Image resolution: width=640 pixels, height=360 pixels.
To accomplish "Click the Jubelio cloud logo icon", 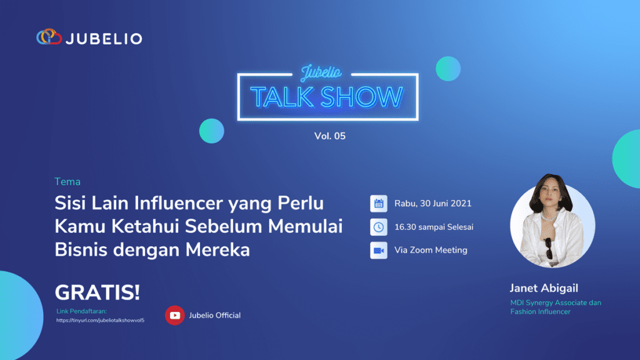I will click(49, 37).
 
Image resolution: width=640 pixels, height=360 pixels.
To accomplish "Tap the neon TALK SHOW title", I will click(327, 97).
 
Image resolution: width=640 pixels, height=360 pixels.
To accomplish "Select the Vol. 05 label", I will click(329, 136).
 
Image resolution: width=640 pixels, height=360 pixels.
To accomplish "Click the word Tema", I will click(67, 182).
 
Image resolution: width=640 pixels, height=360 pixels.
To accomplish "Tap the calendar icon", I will click(379, 203).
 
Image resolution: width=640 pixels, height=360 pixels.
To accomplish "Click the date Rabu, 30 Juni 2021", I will click(432, 204).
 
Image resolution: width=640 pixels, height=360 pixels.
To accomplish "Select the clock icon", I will click(379, 227).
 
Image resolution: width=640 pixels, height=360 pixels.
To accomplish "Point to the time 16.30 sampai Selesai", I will click(434, 227).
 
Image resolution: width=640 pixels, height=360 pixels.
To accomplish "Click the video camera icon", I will click(379, 250).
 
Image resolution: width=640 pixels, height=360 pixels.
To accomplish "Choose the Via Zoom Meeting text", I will click(431, 250).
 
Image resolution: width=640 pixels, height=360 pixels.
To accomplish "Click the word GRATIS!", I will click(97, 292).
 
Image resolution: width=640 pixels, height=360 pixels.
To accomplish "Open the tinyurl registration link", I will click(101, 320).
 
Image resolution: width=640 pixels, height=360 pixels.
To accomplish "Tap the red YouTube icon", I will click(174, 315).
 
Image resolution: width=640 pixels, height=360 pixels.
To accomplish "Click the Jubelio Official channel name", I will click(214, 315).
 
